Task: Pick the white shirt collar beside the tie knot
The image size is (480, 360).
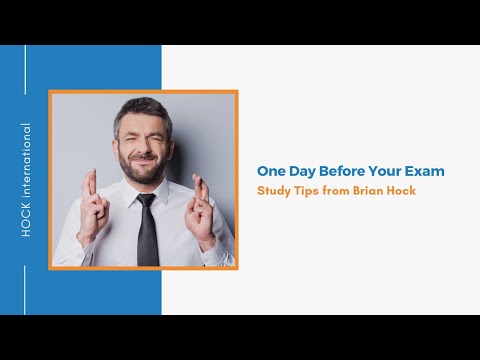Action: [x=131, y=193]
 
